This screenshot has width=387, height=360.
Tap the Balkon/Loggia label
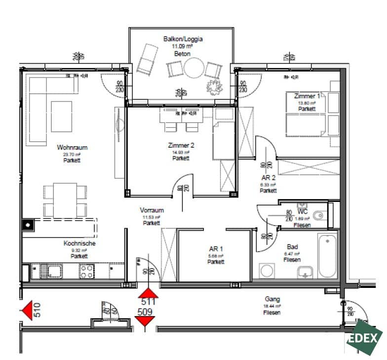(183, 39)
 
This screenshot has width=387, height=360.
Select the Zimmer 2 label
(181, 146)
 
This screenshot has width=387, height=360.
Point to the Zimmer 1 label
(307, 96)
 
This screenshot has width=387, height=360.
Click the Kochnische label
(79, 243)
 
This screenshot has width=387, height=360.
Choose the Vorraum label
(152, 210)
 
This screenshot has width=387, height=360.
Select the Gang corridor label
(272, 299)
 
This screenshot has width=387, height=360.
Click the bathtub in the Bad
(327, 257)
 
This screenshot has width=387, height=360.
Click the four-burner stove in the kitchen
(87, 271)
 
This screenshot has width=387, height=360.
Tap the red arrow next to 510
(27, 311)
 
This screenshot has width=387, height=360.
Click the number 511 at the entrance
(149, 302)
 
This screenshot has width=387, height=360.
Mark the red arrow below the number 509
(144, 322)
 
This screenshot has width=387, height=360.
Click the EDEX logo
(364, 338)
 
